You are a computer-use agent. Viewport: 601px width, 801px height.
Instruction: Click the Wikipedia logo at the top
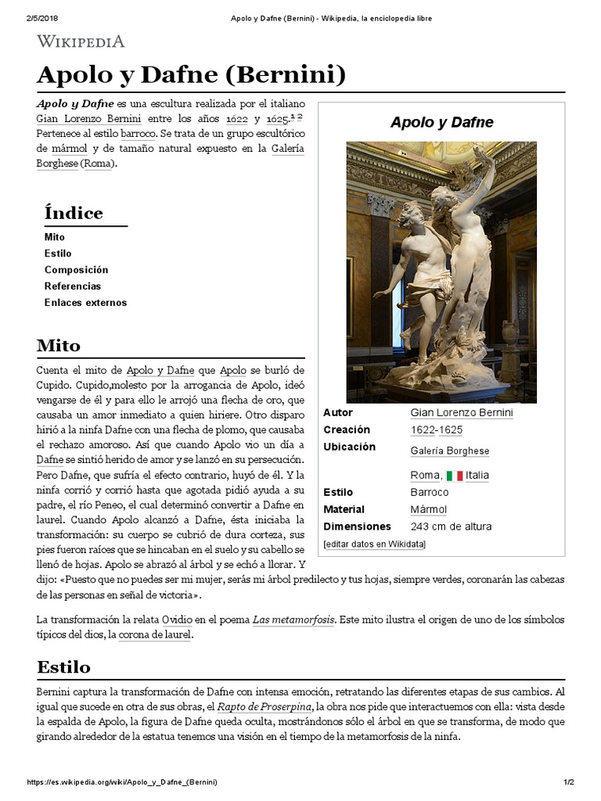(x=81, y=41)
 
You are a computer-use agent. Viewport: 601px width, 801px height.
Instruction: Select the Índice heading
(x=74, y=213)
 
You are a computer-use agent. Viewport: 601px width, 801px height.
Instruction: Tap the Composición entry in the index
(x=76, y=270)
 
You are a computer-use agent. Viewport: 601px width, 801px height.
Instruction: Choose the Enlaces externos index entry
(x=85, y=303)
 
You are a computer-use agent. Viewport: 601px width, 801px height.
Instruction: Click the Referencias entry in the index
(x=73, y=286)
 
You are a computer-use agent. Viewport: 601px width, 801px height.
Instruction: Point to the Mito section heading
(x=59, y=345)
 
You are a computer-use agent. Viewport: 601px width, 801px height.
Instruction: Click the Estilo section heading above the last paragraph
(x=63, y=666)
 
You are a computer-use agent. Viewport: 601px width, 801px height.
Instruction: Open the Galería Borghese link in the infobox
(x=449, y=451)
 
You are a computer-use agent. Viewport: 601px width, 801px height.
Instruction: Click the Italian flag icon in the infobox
(x=455, y=476)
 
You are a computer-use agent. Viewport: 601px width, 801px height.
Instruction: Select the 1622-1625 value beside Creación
(x=436, y=429)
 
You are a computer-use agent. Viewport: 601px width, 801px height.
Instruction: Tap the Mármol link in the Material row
(x=428, y=509)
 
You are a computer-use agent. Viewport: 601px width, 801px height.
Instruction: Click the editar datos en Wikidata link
(x=374, y=544)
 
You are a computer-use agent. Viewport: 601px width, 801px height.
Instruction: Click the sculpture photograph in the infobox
(x=441, y=271)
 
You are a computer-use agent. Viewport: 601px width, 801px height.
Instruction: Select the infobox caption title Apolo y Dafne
(x=441, y=122)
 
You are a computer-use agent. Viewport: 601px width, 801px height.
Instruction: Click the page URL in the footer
(x=122, y=782)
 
